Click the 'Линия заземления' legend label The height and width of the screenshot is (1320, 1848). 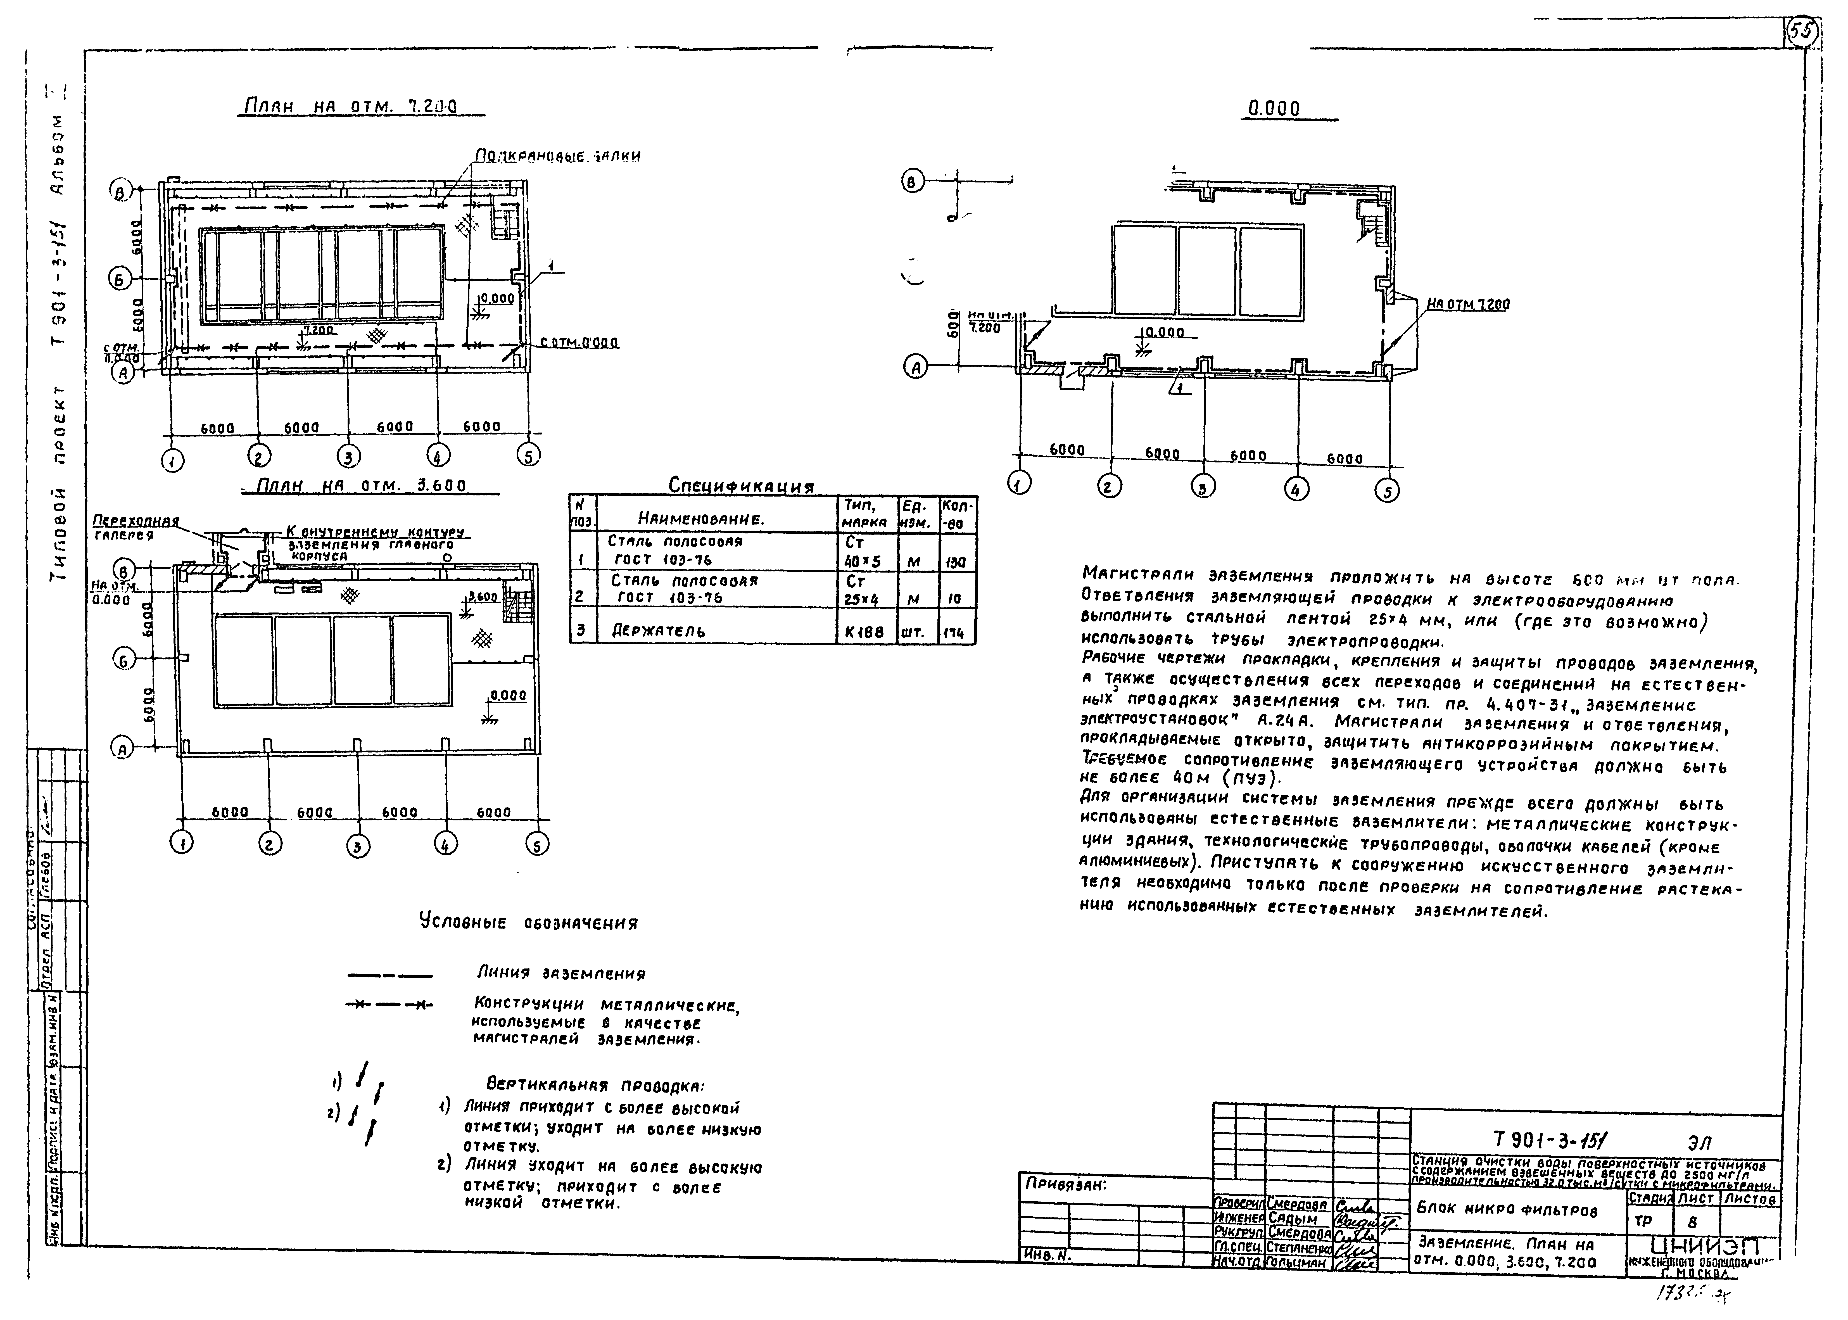pyautogui.click(x=561, y=973)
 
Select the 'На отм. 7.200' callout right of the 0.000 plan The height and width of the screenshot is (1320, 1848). pyautogui.click(x=1468, y=305)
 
